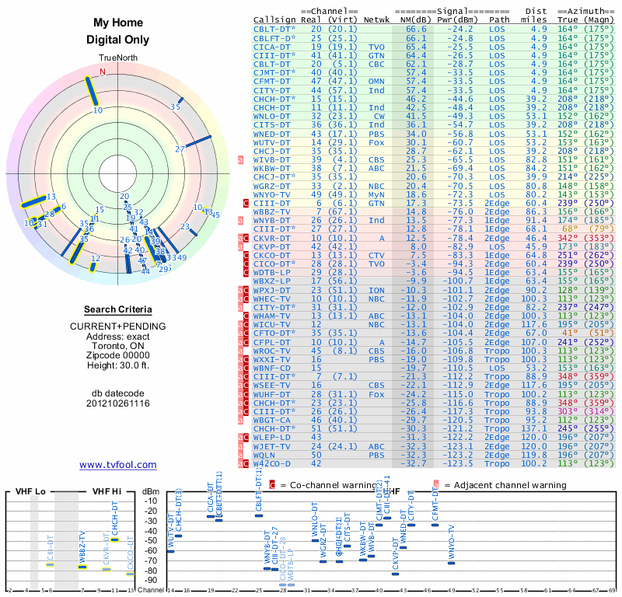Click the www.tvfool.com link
pyautogui.click(x=117, y=465)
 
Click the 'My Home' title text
pyautogui.click(x=117, y=23)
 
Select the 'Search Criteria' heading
pyautogui.click(x=117, y=309)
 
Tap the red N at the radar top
pyautogui.click(x=101, y=72)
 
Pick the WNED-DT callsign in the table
pyautogui.click(x=271, y=134)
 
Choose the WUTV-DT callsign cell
pyautogui.click(x=271, y=142)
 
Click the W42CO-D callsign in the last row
pyautogui.click(x=271, y=464)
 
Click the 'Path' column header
pyautogui.click(x=500, y=19)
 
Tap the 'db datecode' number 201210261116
pyautogui.click(x=117, y=403)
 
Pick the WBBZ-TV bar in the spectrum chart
pyautogui.click(x=82, y=567)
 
